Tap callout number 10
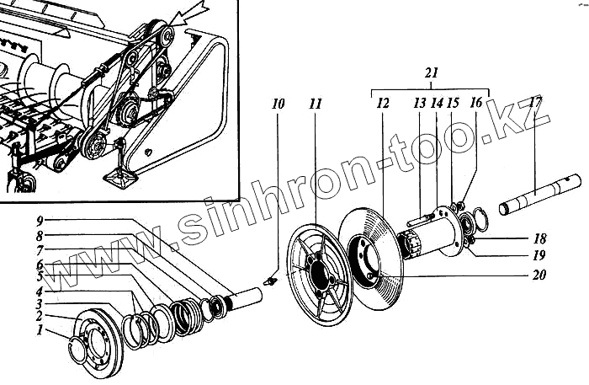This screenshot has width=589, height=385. point(279,104)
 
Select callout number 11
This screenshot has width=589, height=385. point(315,104)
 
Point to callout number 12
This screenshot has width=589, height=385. point(383,104)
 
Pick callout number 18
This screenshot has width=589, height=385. point(539,239)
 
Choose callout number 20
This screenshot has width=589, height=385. point(539,274)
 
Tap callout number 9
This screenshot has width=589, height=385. point(40,221)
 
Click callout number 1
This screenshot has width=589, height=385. point(40,331)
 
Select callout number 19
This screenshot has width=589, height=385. point(539,255)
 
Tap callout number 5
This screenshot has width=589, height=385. point(40,275)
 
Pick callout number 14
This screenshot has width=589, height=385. point(437,104)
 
